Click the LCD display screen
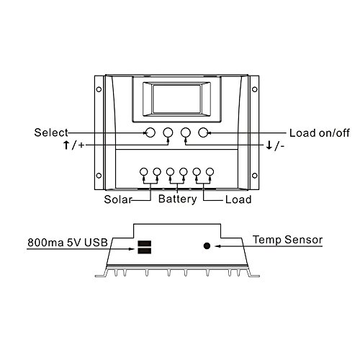point(176,99)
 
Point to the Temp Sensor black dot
point(207,246)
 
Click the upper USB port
point(144,243)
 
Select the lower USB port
point(144,251)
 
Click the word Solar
point(118,199)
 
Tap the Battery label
point(177,199)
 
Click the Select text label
point(51,132)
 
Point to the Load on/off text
point(320,133)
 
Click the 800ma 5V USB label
point(68,243)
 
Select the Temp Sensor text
point(288,240)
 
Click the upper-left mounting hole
point(99,89)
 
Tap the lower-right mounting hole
point(255,176)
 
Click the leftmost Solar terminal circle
point(143,172)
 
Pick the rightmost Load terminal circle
point(210,172)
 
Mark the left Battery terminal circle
point(170,172)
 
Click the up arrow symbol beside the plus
point(66,145)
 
